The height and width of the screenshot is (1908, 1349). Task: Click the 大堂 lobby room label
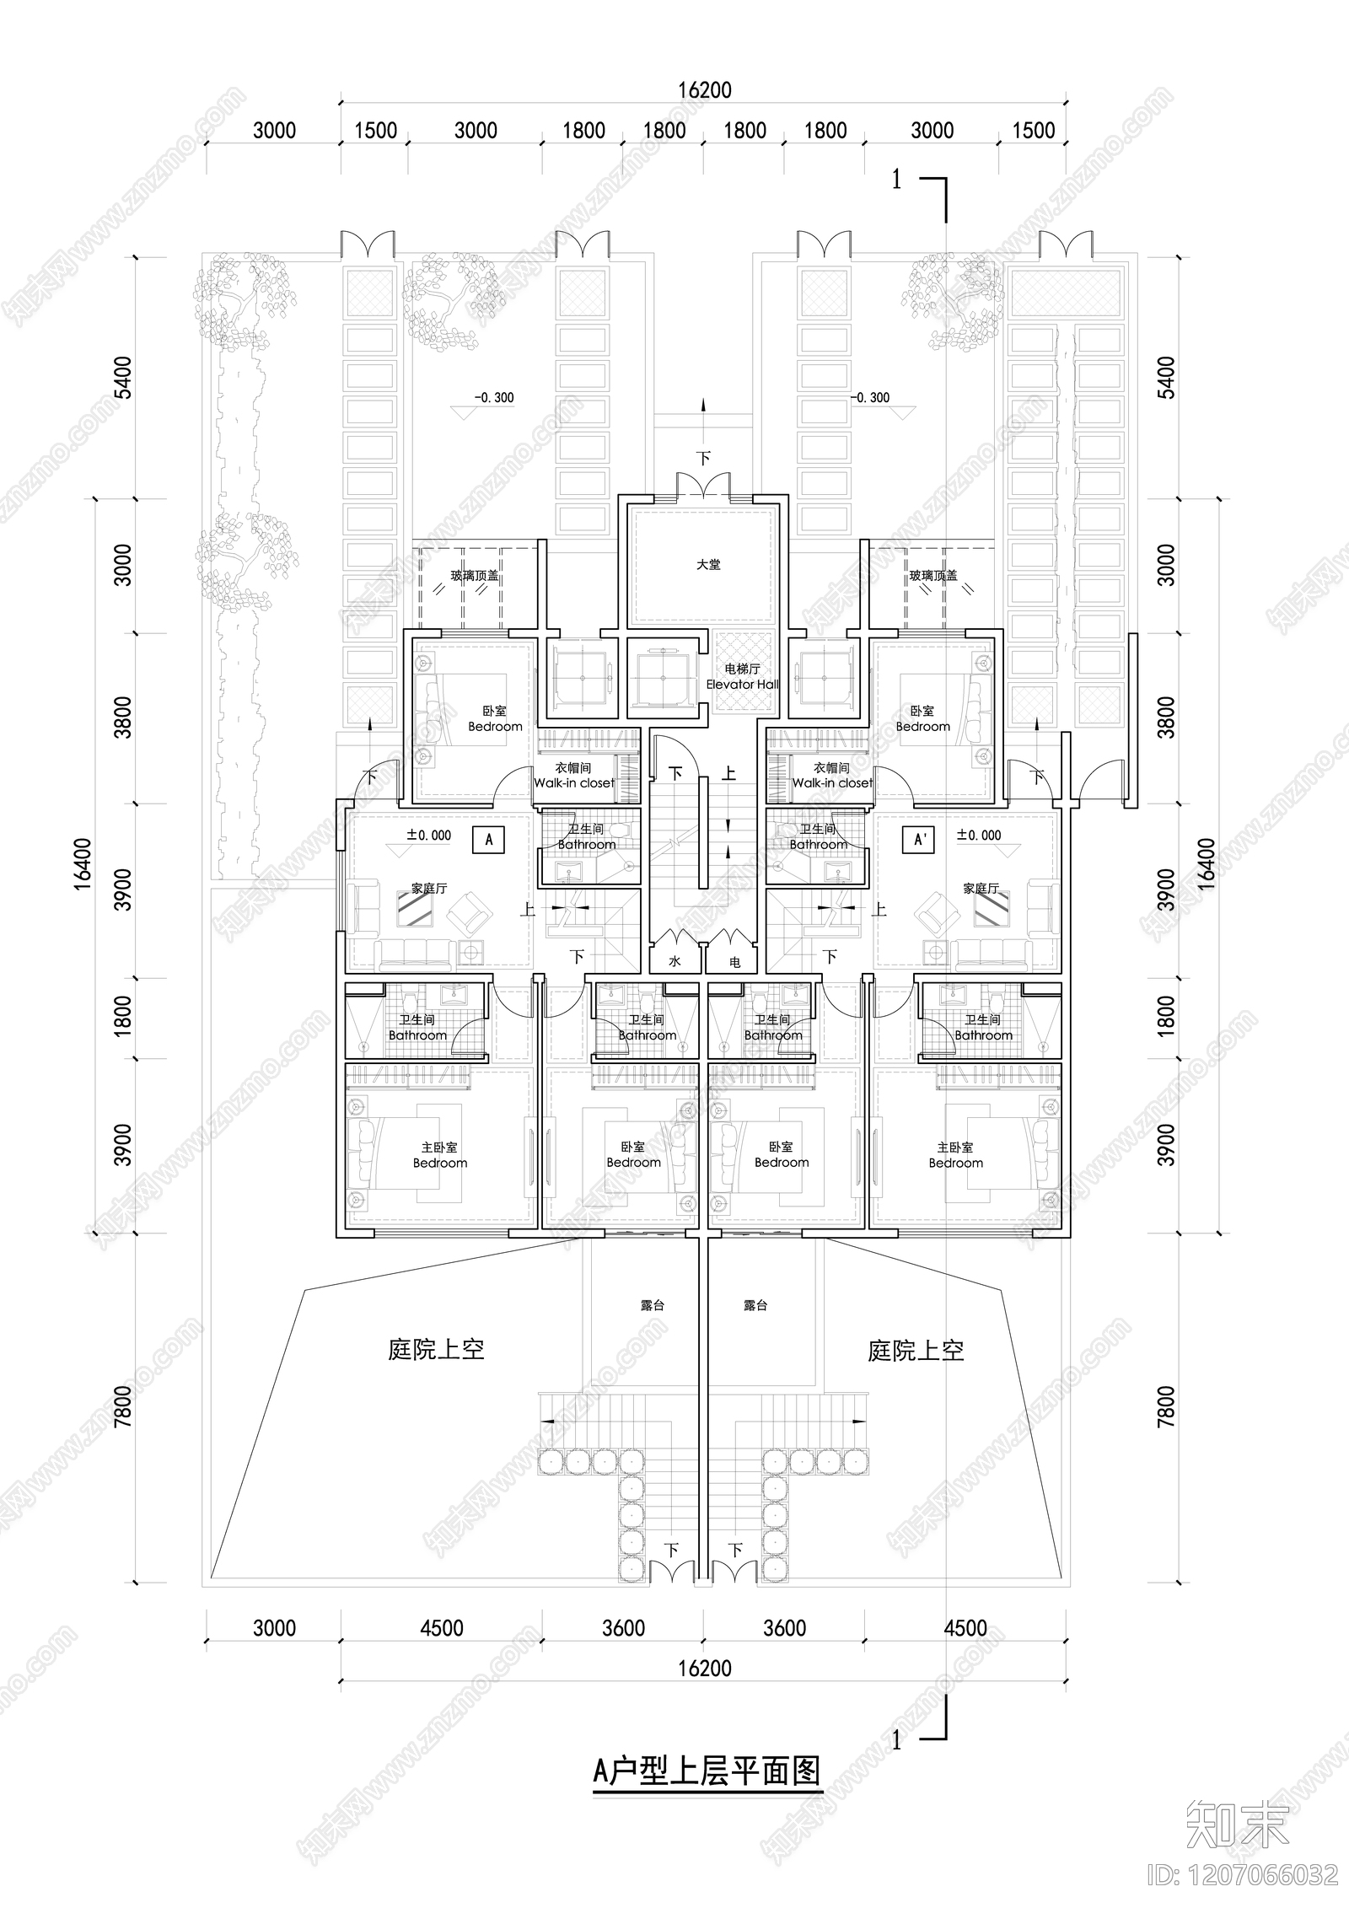(708, 564)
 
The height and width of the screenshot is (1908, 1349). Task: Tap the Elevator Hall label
(742, 677)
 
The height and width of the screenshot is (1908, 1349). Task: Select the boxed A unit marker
(489, 840)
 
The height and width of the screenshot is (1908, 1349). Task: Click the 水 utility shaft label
(674, 961)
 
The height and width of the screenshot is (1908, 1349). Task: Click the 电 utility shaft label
(734, 961)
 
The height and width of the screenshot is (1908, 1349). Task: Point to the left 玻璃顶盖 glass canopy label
(474, 576)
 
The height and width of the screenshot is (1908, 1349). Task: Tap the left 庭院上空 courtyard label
(436, 1349)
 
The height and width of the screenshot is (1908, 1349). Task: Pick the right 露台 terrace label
(755, 1305)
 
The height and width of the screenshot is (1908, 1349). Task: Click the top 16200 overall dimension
(704, 89)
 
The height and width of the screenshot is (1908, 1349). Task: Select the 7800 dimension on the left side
(123, 1406)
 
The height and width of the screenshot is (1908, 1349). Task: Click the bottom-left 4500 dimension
(441, 1628)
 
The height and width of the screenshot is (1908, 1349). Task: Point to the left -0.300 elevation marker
(493, 398)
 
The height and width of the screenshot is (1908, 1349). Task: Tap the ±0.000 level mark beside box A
(428, 836)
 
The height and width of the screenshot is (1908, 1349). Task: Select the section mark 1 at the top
(897, 180)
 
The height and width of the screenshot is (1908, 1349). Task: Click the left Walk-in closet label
(574, 776)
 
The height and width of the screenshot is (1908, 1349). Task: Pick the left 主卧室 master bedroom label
(439, 1155)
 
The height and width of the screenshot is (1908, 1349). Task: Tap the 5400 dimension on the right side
(1166, 378)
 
